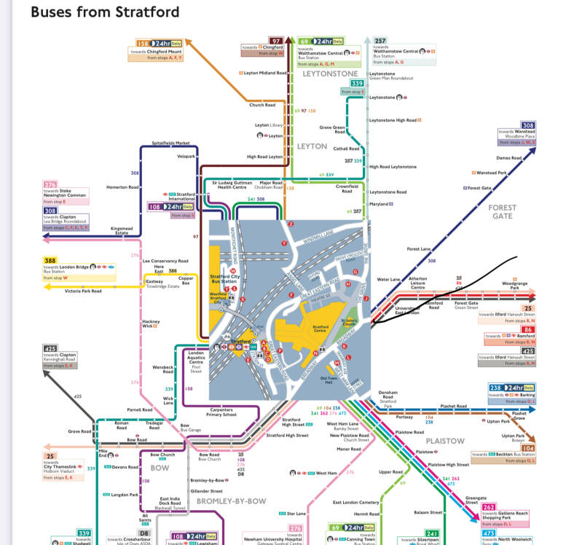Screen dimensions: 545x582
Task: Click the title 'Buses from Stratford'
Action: click(105, 12)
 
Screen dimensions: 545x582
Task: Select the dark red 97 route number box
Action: click(276, 42)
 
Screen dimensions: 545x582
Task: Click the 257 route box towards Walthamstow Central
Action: click(380, 42)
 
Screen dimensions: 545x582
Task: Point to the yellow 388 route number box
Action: click(50, 260)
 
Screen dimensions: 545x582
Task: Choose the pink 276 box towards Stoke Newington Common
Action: click(50, 185)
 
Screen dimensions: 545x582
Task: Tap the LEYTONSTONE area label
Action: click(330, 74)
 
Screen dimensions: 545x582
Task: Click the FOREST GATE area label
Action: click(502, 211)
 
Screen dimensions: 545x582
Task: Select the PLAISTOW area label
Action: click(444, 441)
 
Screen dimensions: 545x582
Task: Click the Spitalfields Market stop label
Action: click(170, 144)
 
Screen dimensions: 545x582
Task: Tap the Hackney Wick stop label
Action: click(151, 324)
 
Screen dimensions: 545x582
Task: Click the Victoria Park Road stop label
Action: click(83, 291)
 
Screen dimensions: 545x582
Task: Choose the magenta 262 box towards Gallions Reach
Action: click(489, 507)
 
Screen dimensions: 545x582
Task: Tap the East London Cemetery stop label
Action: click(356, 503)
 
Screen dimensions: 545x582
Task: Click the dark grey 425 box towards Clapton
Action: click(50, 349)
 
